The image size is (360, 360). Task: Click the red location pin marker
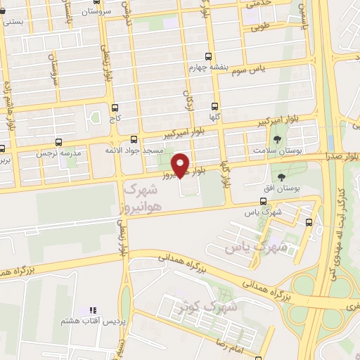pyautogui.click(x=181, y=165)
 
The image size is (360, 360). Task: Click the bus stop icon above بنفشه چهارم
pyautogui.click(x=207, y=57)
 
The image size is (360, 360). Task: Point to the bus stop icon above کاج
pyautogui.click(x=115, y=108)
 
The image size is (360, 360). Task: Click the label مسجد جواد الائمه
pyautogui.click(x=134, y=150)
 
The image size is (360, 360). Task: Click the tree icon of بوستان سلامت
pyautogui.click(x=278, y=139)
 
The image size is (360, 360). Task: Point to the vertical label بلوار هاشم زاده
pyautogui.click(x=10, y=105)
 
